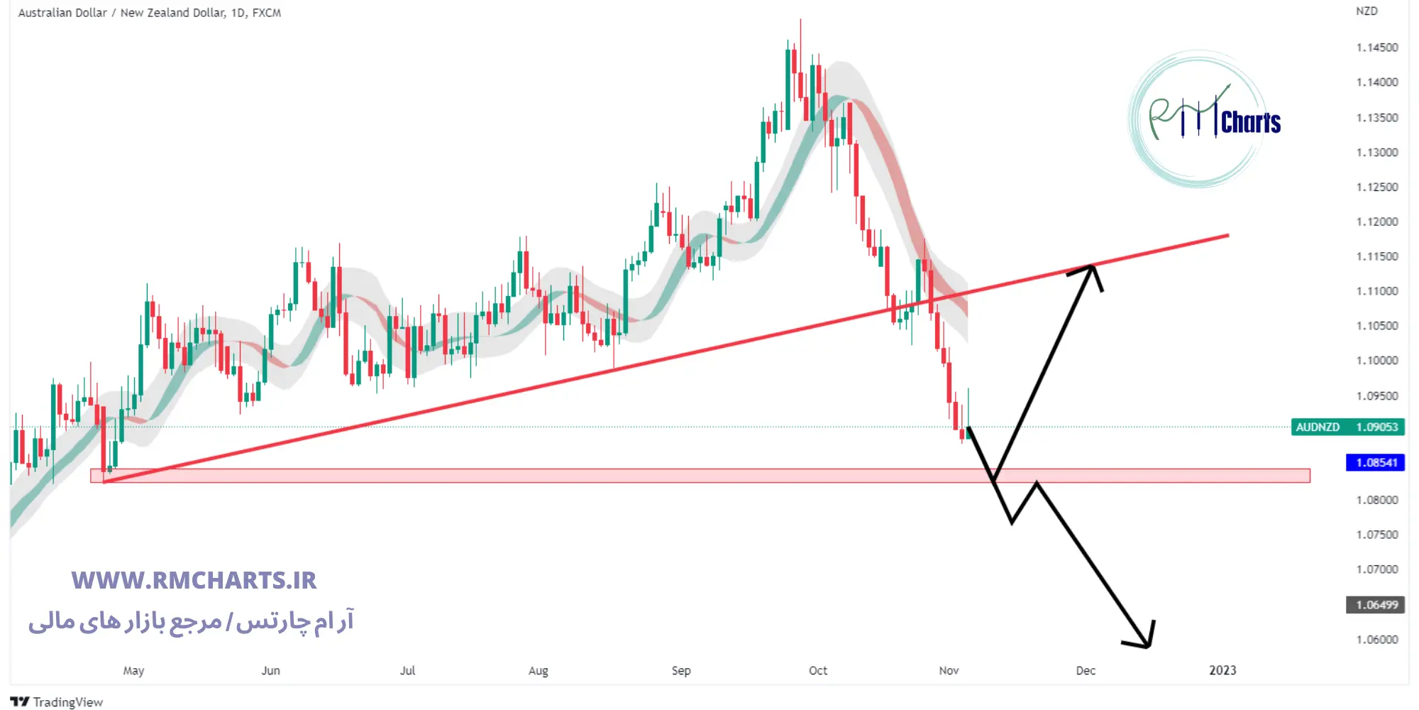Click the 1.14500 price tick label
(x=1376, y=48)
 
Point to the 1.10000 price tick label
(x=1376, y=361)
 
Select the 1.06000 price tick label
(x=1376, y=640)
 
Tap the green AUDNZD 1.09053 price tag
(x=1347, y=427)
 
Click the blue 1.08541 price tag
(x=1376, y=463)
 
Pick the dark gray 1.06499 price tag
(x=1376, y=605)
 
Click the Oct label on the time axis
(x=818, y=670)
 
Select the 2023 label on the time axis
(x=1222, y=670)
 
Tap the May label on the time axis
(x=133, y=670)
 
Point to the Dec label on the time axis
(x=1086, y=670)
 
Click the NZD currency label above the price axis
(x=1366, y=11)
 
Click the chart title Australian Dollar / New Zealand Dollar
(x=149, y=13)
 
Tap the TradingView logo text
(x=57, y=702)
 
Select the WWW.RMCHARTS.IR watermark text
(x=194, y=580)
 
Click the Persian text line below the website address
(x=191, y=622)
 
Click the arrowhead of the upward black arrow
(x=1093, y=268)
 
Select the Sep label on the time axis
(x=681, y=670)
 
